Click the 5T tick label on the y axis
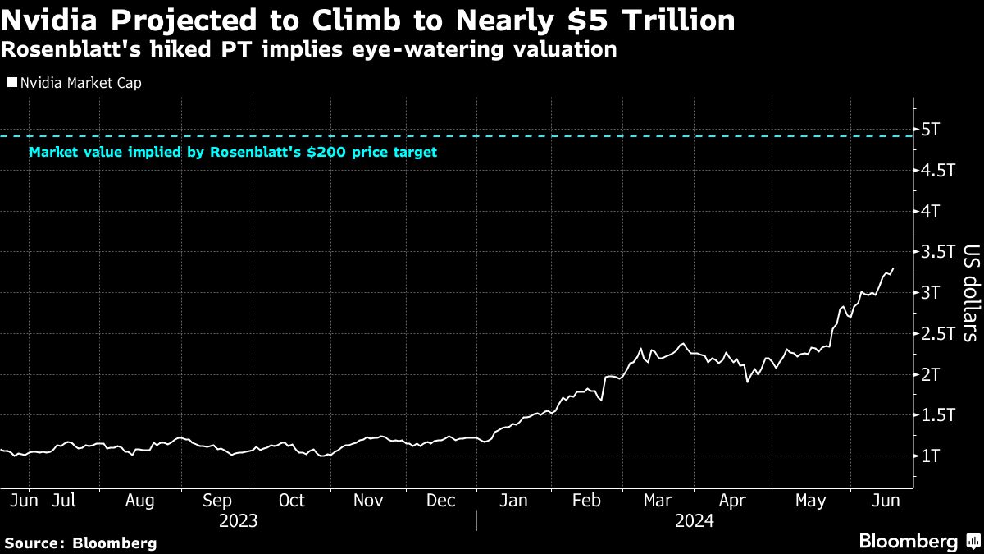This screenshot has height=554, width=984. (932, 130)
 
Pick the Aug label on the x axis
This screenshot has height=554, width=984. (139, 501)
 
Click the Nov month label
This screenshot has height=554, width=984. (368, 501)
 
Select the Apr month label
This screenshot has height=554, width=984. (735, 501)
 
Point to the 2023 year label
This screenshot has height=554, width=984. (238, 521)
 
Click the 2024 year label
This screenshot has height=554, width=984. (694, 521)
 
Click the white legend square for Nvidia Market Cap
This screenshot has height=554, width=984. (11, 83)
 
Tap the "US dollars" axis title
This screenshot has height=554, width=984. (970, 292)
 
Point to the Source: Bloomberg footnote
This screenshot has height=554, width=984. (80, 543)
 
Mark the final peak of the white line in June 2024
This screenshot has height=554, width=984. (893, 268)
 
